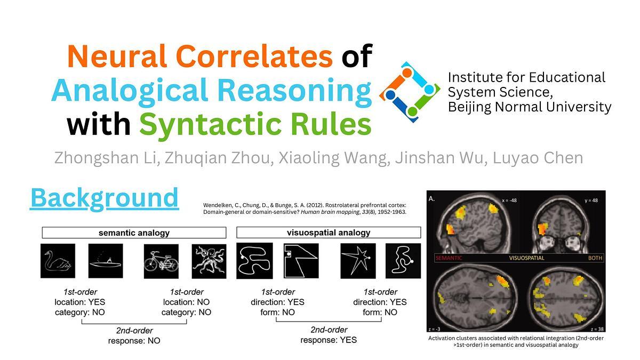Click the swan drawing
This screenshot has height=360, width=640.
click(58, 261)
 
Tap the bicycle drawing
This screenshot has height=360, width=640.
click(161, 261)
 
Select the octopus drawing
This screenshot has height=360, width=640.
click(209, 261)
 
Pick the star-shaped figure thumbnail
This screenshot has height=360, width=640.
click(358, 261)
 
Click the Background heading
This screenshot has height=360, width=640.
click(105, 198)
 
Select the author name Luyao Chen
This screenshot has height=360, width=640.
click(538, 158)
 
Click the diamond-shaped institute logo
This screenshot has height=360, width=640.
click(410, 92)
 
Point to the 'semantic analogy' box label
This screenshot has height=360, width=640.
click(134, 233)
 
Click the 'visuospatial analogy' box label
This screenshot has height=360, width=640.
click(329, 233)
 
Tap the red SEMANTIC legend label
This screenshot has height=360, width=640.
click(449, 258)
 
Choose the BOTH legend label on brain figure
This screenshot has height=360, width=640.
click(595, 258)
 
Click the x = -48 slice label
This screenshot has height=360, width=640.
click(509, 201)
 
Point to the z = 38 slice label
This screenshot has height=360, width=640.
click(597, 329)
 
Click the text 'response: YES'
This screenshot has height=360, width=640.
click(329, 340)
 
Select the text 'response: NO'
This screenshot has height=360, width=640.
click(134, 341)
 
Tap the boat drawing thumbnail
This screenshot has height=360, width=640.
click(106, 261)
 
